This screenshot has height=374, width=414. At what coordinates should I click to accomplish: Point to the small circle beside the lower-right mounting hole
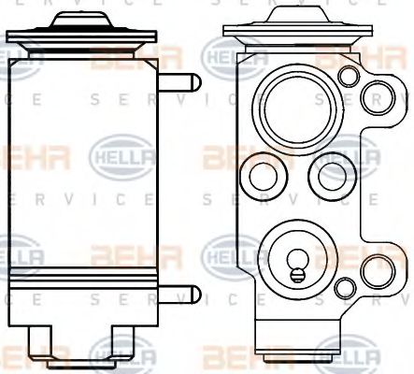pyautogui.click(x=348, y=286)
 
